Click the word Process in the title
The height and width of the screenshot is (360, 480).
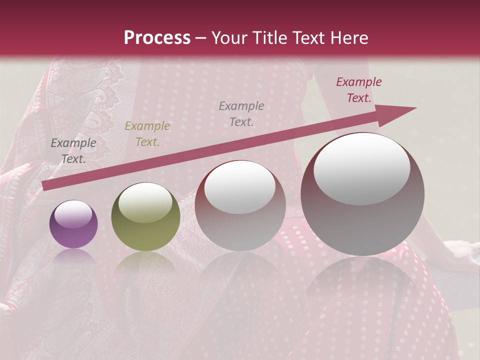pyautogui.click(x=157, y=38)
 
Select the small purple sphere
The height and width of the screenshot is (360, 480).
pyautogui.click(x=73, y=224)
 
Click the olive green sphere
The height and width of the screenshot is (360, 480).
pyautogui.click(x=145, y=216)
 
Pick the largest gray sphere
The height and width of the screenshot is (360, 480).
pyautogui.click(x=362, y=194)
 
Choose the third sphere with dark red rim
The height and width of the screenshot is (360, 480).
pyautogui.click(x=240, y=205)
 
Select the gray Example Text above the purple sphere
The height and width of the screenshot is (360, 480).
pyautogui.click(x=73, y=151)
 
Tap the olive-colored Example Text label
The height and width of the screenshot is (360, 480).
pyautogui.click(x=147, y=134)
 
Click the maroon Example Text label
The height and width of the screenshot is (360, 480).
pyautogui.click(x=358, y=90)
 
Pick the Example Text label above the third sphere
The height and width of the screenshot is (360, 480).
pyautogui.click(x=241, y=113)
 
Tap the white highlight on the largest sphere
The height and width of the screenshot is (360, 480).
pyautogui.click(x=362, y=169)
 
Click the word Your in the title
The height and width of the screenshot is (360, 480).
pyautogui.click(x=229, y=38)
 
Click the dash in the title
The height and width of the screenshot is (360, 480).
pyautogui.click(x=200, y=38)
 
